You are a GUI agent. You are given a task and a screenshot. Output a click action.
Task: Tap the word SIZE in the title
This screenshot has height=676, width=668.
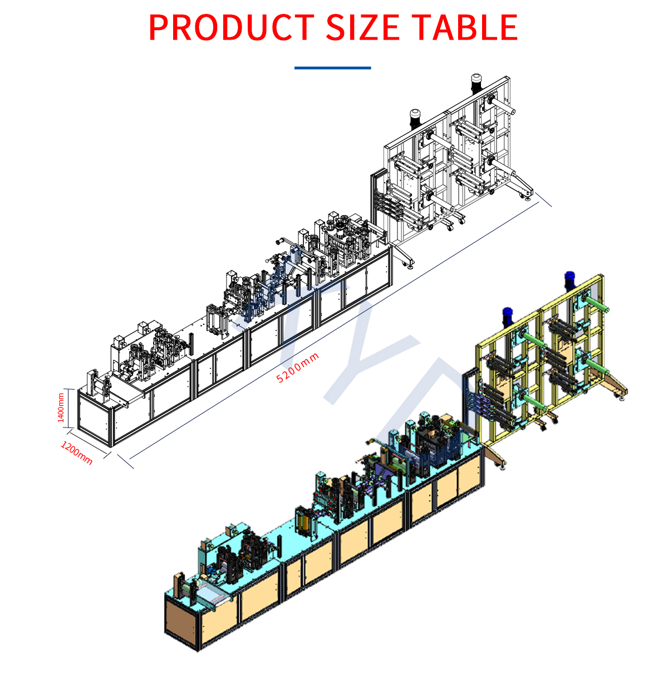click(362, 27)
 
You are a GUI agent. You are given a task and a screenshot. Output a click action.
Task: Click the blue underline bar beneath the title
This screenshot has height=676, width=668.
click(332, 67)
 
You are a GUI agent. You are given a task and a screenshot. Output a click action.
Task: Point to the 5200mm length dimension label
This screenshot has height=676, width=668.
click(297, 367)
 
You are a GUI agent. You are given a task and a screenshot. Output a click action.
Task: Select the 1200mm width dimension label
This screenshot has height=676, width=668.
click(77, 453)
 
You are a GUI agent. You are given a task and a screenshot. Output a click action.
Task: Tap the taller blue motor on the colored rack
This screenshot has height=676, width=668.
click(569, 281)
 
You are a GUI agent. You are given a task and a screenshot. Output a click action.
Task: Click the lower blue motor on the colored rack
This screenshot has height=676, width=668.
click(507, 317)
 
